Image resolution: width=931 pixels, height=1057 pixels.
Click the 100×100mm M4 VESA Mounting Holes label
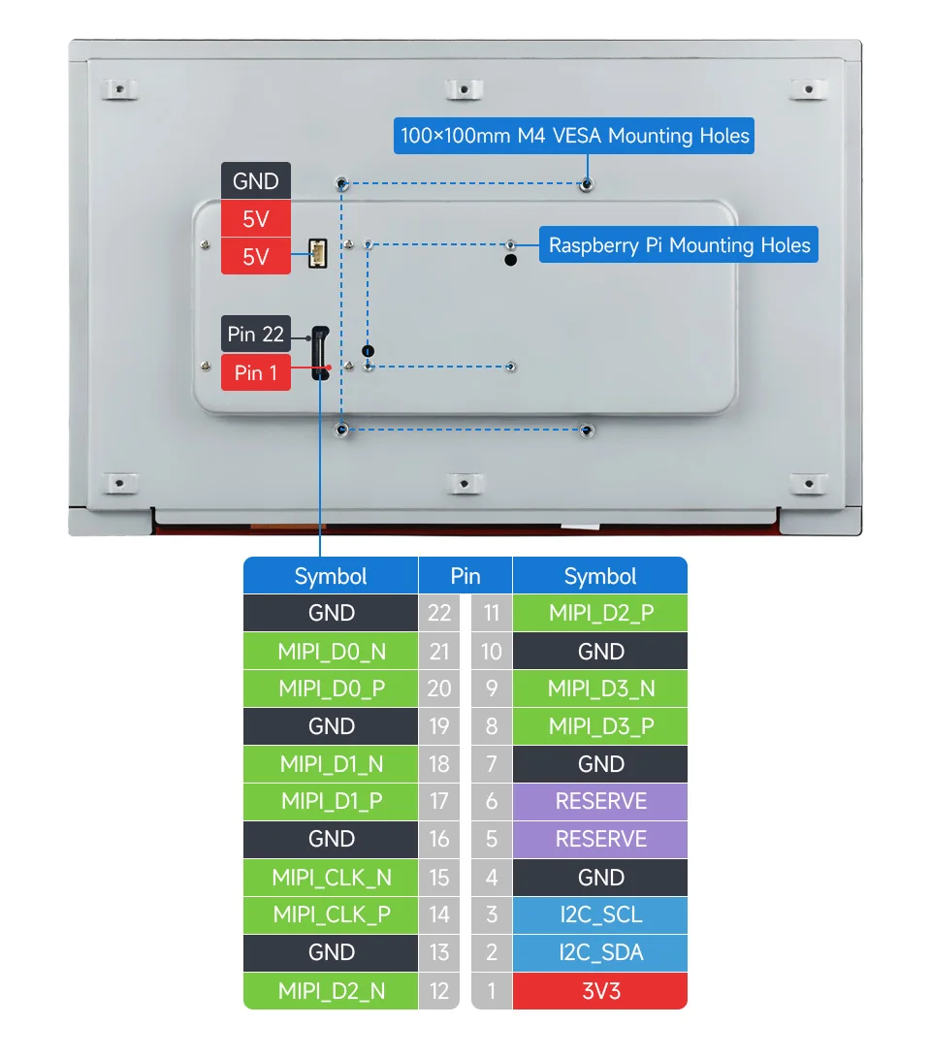coord(574,136)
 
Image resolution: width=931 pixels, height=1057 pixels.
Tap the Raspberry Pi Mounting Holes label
coord(679,245)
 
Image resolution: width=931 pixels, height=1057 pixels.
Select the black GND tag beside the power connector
coord(256,181)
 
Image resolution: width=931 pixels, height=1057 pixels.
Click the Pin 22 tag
coord(256,335)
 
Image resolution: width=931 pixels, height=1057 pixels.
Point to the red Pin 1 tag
coord(256,372)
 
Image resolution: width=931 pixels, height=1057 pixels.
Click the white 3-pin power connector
coord(317,254)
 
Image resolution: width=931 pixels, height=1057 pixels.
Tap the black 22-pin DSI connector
coord(319,353)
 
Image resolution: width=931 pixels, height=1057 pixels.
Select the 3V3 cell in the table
coord(600,990)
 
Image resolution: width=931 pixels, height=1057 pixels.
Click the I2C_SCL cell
coord(600,914)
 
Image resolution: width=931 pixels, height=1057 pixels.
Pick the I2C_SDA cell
coord(600,952)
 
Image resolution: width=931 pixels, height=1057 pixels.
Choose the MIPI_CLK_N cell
coord(331,878)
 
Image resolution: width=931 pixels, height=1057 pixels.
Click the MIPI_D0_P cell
coord(331,689)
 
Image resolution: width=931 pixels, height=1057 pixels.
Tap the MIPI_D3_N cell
coord(600,689)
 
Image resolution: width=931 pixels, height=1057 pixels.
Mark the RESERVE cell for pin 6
coord(600,802)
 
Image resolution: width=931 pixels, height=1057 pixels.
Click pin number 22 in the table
coord(439,613)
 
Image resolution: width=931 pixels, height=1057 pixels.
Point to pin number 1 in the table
coord(491,990)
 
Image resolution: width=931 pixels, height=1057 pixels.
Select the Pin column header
coord(465,576)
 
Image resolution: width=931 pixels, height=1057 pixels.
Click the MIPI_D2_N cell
coord(331,990)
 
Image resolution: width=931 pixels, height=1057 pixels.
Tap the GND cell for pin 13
coord(331,952)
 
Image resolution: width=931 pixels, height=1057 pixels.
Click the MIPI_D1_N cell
coord(331,764)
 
